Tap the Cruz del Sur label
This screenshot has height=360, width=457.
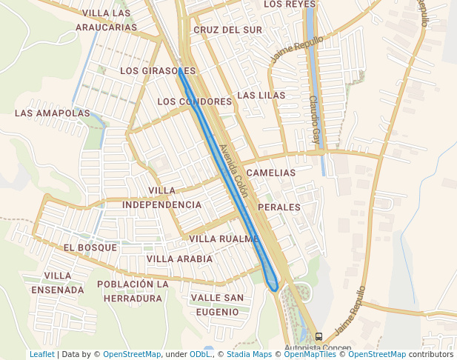click(227, 30)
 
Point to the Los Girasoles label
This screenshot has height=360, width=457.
click(158, 71)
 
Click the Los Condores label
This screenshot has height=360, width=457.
click(195, 101)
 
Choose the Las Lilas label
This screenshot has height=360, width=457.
click(261, 96)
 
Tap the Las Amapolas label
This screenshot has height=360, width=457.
click(52, 113)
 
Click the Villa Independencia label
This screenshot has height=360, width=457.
click(161, 198)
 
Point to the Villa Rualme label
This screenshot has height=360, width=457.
click(224, 239)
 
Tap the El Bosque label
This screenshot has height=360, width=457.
click(90, 247)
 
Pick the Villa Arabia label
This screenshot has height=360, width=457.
click(179, 259)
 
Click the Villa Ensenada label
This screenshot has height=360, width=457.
click(58, 283)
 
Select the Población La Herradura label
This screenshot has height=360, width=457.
click(133, 291)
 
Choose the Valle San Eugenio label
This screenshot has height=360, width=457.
click(217, 305)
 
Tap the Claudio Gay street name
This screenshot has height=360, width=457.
click(315, 119)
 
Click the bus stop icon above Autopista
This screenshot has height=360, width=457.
click(318, 337)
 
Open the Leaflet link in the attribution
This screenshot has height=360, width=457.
click(41, 355)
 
